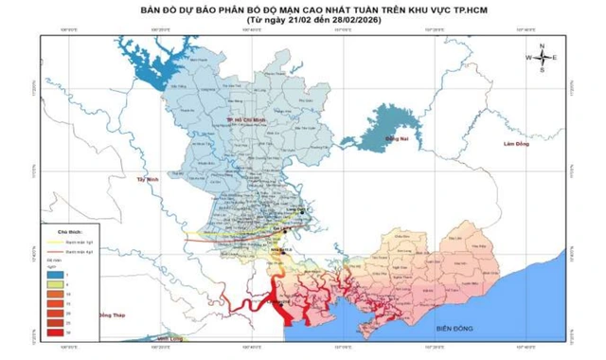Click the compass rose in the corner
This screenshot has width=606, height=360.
tap(541, 58)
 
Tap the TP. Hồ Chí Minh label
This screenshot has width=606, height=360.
tap(242, 119)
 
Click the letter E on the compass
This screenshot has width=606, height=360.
tap(555, 58)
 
